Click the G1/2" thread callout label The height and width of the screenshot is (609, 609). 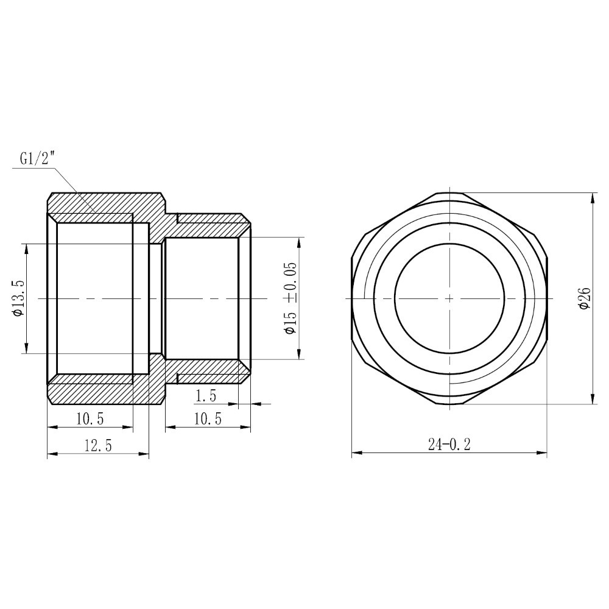point(37,160)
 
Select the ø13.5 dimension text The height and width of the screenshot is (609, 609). point(18,298)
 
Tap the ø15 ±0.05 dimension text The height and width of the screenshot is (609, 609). point(290,298)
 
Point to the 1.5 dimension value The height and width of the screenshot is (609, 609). point(205,396)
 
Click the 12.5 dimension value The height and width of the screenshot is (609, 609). point(98,446)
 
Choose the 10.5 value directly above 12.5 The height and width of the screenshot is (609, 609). point(90,419)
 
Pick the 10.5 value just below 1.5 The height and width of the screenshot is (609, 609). point(208,419)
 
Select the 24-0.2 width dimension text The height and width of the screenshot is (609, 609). point(449,445)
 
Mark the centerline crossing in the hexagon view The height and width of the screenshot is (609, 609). point(449,298)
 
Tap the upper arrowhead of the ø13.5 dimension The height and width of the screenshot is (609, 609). point(25,247)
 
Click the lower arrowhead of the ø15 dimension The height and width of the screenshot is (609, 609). point(298,356)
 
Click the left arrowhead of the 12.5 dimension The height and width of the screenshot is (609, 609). point(51,454)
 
